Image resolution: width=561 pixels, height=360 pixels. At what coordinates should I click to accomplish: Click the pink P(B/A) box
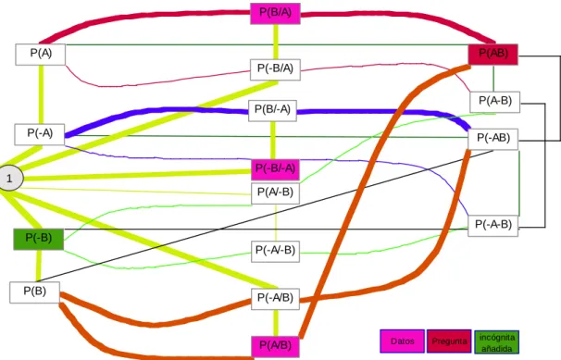pos(275,14)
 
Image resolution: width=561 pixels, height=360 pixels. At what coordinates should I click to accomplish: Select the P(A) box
pos(41,55)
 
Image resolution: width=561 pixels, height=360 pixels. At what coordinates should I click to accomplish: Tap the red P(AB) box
pos(493,55)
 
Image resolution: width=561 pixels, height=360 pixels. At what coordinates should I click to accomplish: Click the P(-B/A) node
pos(275,69)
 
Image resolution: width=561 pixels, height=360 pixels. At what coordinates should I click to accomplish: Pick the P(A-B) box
pos(495,102)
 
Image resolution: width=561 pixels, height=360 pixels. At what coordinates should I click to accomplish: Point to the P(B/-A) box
pos(272,111)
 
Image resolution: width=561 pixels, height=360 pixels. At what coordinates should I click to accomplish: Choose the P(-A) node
pos(40,134)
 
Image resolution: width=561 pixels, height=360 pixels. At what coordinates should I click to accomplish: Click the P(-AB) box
pos(493,139)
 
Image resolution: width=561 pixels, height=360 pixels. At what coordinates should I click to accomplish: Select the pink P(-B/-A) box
pos(276,169)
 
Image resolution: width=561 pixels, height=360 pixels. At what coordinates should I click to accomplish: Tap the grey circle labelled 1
pos(9,178)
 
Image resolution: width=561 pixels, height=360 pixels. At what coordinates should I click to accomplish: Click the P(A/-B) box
pos(276,193)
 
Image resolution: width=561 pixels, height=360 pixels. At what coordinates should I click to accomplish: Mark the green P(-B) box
pos(39,239)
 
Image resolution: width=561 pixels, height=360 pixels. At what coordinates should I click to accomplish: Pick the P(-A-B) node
pos(493,226)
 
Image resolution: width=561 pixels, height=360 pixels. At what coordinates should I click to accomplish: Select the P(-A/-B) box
pos(276,252)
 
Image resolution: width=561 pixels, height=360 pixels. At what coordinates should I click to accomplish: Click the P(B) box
pos(34,292)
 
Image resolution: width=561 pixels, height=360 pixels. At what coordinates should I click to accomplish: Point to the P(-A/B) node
pos(276,299)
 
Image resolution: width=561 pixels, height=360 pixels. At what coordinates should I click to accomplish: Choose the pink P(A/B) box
pos(275,347)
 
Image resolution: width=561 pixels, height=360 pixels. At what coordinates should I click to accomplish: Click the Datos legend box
pos(402,341)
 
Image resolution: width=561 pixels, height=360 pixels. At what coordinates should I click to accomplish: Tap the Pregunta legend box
pos(449,341)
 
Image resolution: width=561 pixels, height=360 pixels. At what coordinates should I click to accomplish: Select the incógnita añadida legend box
pos(496,342)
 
